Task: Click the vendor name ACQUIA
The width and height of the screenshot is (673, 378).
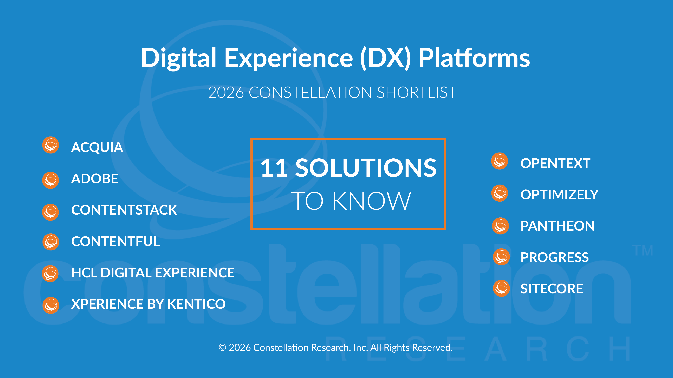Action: pyautogui.click(x=97, y=147)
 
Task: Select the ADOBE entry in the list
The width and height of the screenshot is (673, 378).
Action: pyautogui.click(x=95, y=179)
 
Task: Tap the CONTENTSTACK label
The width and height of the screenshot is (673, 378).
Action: pyautogui.click(x=124, y=210)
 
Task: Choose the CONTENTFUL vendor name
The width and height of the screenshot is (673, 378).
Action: pyautogui.click(x=115, y=241)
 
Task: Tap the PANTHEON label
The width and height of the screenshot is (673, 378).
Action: pyautogui.click(x=557, y=226)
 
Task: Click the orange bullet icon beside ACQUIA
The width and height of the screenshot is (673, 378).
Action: pyautogui.click(x=51, y=145)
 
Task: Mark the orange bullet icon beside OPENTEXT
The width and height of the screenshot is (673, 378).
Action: pyautogui.click(x=500, y=161)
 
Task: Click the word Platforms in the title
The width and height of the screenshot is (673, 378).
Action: pyautogui.click(x=474, y=58)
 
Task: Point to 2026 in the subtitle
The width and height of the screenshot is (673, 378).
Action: pyautogui.click(x=226, y=93)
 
